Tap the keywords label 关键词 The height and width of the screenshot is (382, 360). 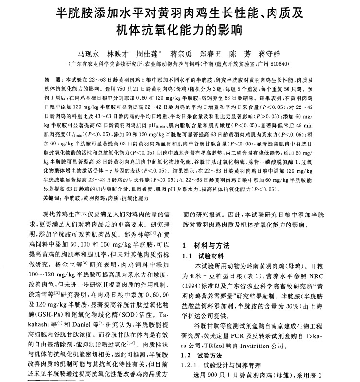pyautogui.click(x=52, y=198)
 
